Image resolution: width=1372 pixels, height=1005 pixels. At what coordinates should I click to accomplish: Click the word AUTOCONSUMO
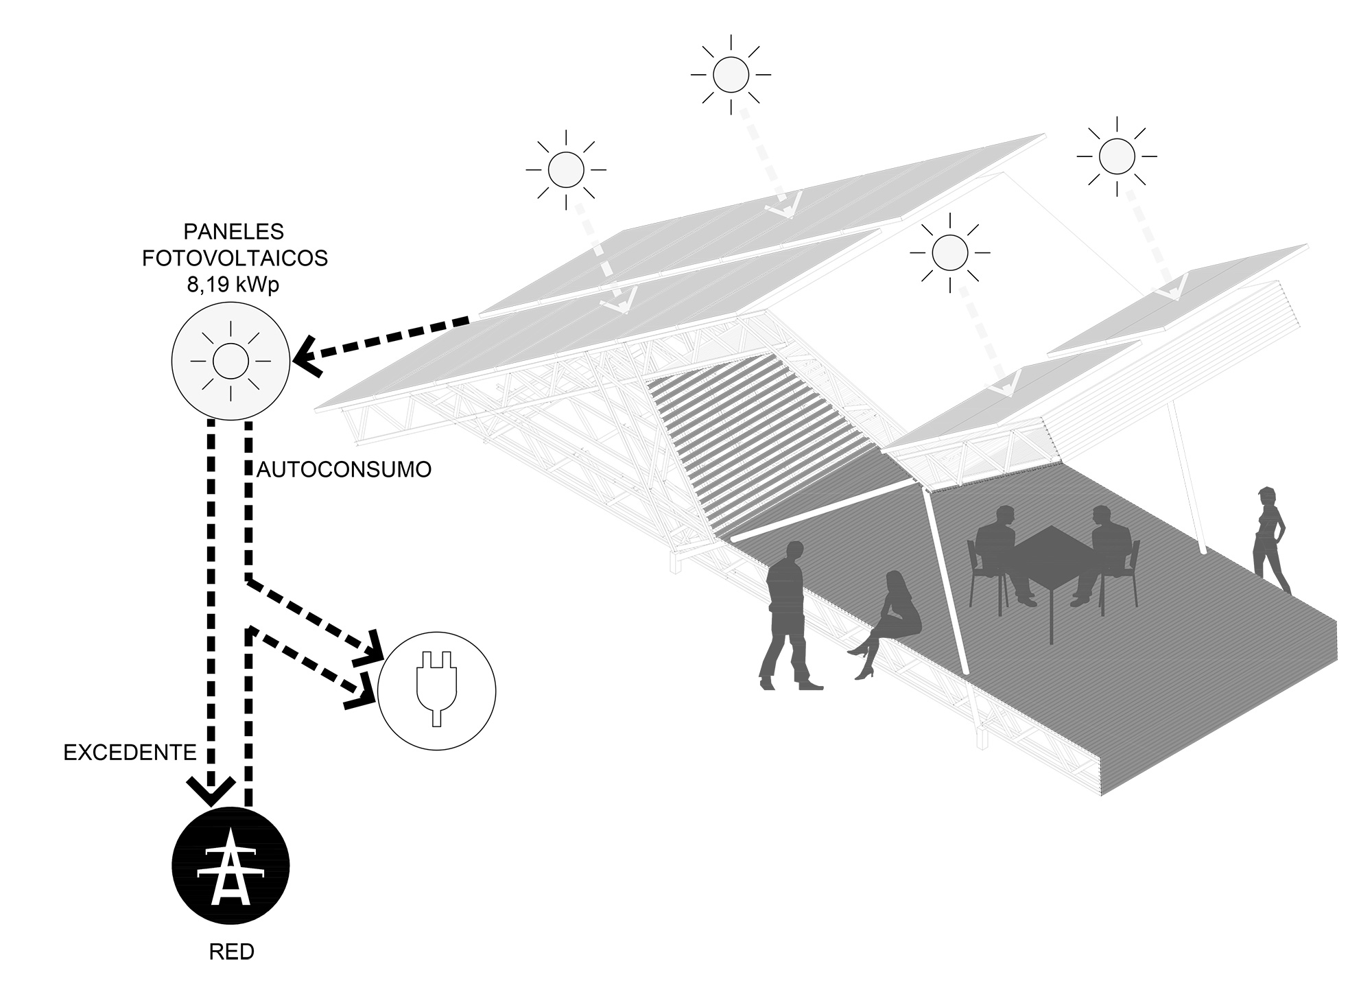pyautogui.click(x=344, y=469)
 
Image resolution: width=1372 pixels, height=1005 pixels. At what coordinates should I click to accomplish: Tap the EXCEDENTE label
pyautogui.click(x=130, y=753)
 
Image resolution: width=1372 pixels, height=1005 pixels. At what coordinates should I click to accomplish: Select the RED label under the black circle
pyautogui.click(x=231, y=952)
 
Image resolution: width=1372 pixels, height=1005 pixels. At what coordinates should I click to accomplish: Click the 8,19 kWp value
pyautogui.click(x=233, y=284)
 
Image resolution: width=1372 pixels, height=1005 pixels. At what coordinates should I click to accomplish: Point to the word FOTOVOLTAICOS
pyautogui.click(x=235, y=258)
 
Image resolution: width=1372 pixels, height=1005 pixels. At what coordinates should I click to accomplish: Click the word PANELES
pyautogui.click(x=234, y=232)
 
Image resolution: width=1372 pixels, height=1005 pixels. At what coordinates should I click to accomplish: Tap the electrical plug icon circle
pyautogui.click(x=436, y=689)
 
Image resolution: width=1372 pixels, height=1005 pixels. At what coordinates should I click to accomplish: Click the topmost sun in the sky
pyautogui.click(x=731, y=74)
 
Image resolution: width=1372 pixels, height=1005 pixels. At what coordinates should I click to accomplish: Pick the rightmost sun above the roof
pyautogui.click(x=1117, y=156)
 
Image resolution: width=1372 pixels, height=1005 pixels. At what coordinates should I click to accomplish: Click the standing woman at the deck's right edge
pyautogui.click(x=1271, y=540)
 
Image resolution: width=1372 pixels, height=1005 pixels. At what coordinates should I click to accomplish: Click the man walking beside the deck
pyautogui.click(x=791, y=615)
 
